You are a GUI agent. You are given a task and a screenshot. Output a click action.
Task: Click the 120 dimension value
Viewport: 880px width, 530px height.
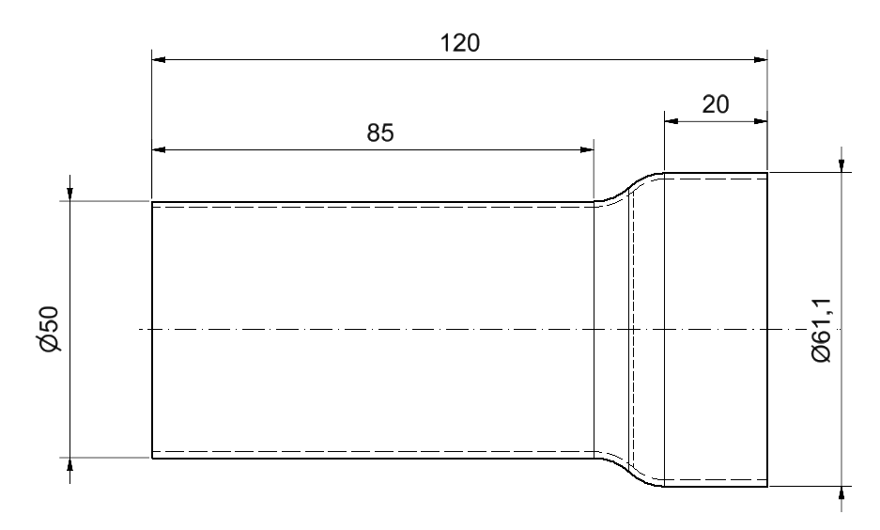point(459,43)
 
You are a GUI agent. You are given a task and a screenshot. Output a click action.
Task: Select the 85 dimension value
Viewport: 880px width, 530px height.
point(380,133)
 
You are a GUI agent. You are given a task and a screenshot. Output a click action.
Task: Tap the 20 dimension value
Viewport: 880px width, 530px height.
point(716,104)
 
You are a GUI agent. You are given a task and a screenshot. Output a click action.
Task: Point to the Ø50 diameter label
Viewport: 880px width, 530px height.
point(50,329)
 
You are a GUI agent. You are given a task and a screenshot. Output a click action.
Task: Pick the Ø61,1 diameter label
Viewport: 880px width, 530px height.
point(822,330)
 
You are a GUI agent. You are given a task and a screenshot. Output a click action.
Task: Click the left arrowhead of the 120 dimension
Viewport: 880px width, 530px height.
point(159,59)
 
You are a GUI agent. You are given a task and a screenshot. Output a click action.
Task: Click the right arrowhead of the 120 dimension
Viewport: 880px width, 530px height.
point(761,59)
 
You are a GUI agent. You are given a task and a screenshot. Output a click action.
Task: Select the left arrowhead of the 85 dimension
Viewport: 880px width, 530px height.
point(159,149)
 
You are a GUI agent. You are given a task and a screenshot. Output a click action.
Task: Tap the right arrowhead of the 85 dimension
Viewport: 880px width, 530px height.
point(587,149)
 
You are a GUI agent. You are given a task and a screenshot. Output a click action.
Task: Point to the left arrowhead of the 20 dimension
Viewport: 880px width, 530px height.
point(672,120)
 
